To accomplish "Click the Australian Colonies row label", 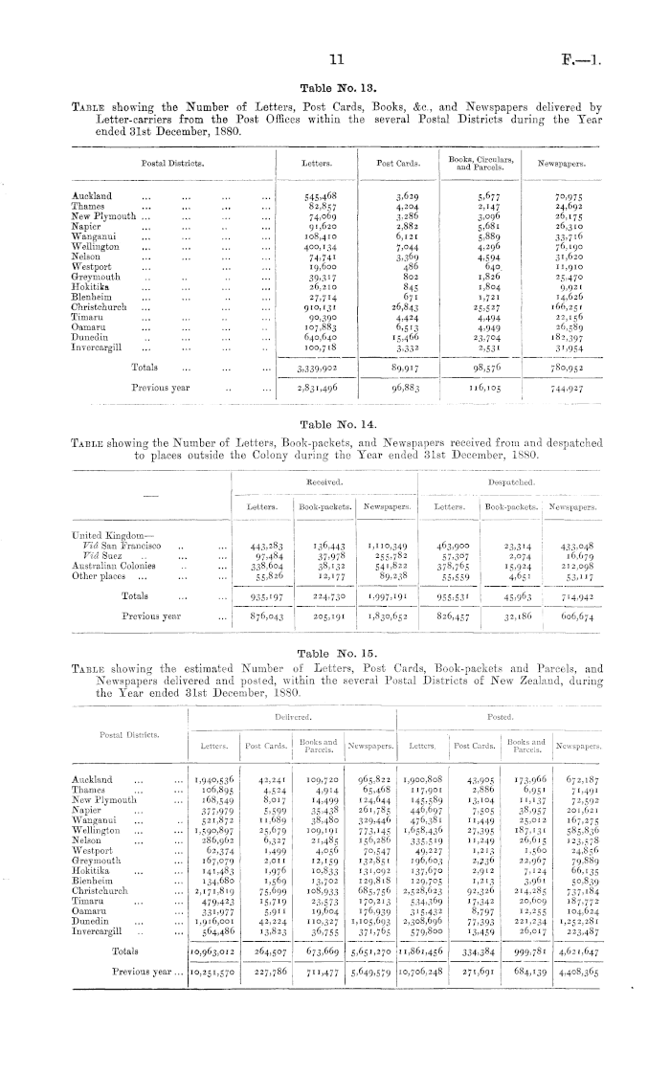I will click(115, 564).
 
